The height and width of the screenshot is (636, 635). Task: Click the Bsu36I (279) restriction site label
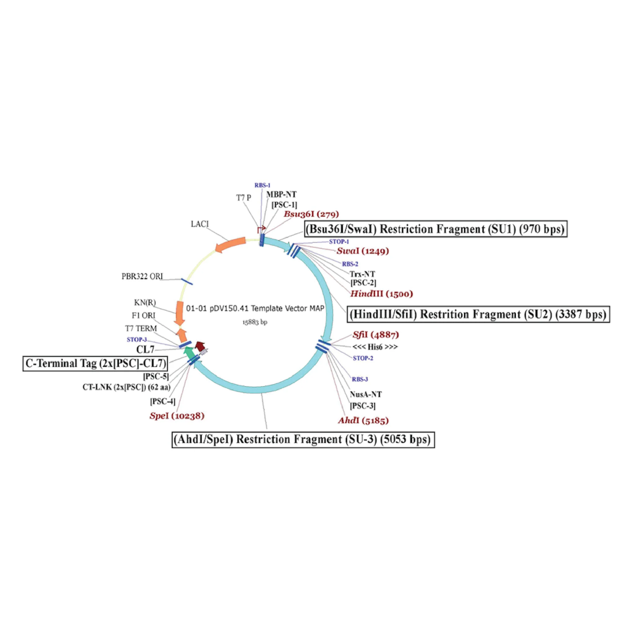point(311,214)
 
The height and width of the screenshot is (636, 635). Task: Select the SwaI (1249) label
point(362,251)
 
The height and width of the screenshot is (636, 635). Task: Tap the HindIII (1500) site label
point(381,294)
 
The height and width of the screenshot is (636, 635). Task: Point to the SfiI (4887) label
point(376,335)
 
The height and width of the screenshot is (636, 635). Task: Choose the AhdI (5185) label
point(363,420)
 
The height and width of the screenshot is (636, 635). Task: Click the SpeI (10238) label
point(177,416)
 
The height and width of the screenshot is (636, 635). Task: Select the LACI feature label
point(199,224)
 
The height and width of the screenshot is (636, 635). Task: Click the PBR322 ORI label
point(142,276)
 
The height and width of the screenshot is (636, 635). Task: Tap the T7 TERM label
point(141,329)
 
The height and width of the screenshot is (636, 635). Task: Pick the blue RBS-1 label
point(262,185)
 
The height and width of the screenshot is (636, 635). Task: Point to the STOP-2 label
point(363,358)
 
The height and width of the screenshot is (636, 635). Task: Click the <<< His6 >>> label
point(375,347)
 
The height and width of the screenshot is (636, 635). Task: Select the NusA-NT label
point(366,394)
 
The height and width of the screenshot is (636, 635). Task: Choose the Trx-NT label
point(362,274)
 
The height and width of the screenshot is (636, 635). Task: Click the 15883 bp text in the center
point(254,322)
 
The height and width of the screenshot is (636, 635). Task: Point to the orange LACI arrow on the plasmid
point(230,245)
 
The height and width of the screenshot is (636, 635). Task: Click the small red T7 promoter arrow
point(262,228)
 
